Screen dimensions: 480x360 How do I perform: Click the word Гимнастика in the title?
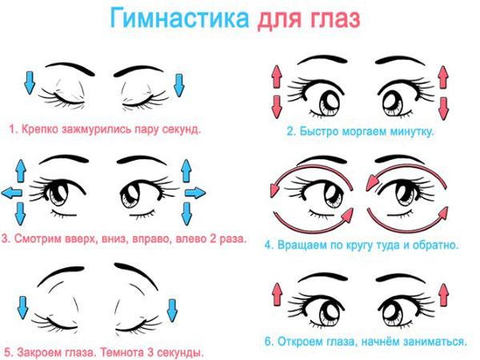pos(179,18)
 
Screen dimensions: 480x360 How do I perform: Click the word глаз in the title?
pos(335,18)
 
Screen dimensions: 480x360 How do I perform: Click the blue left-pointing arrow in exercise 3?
pos(12,193)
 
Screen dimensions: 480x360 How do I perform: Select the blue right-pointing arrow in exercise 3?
pos(195,193)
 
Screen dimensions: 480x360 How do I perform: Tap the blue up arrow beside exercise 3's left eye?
pos(21,171)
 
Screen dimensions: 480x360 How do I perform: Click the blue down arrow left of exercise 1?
pos(30,82)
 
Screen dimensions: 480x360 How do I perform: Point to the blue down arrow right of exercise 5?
pos(172,310)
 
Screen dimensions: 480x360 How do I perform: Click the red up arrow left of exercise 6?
pos(277,294)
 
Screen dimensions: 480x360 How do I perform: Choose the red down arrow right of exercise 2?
pos(443,108)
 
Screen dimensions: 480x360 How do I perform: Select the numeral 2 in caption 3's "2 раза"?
pos(213,238)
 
